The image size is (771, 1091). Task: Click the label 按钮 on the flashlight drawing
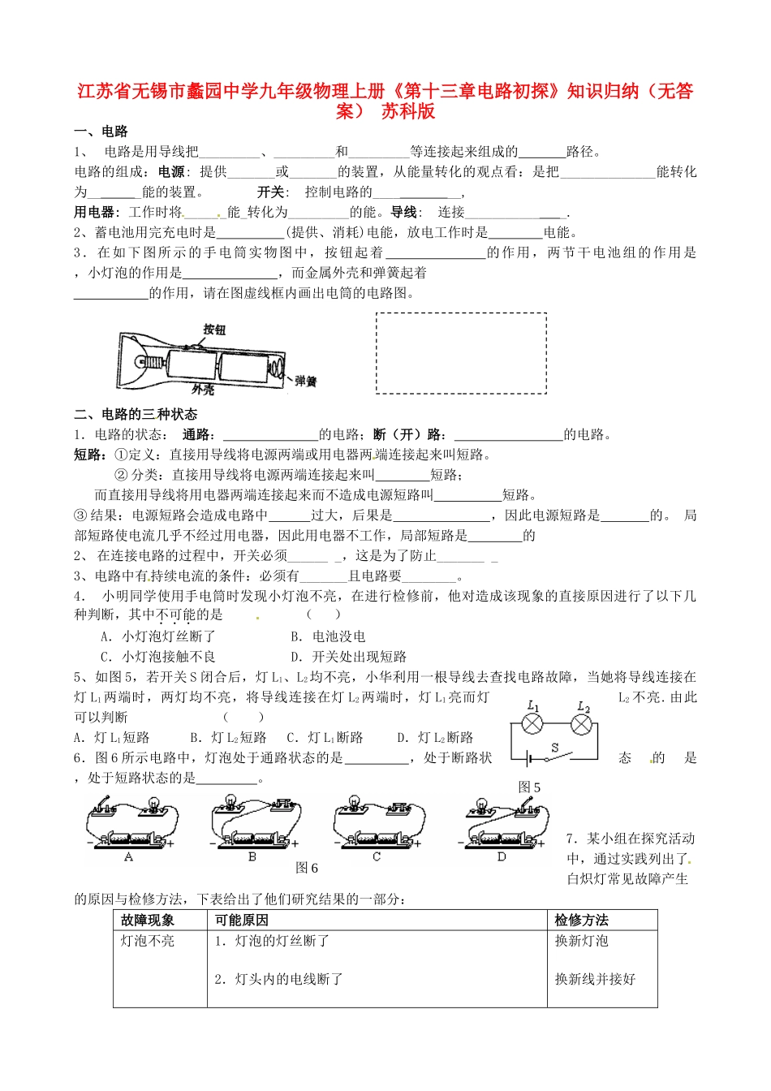(214, 329)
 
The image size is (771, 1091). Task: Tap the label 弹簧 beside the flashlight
(306, 381)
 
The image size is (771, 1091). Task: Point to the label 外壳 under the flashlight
(203, 390)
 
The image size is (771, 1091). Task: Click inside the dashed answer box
(460, 353)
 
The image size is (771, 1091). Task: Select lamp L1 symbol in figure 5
(532, 725)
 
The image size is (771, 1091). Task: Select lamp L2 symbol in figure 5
(581, 725)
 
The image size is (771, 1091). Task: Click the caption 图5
(529, 787)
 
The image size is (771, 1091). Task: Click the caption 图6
(307, 868)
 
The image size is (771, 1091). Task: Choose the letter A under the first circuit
(129, 857)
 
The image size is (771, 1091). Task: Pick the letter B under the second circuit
(252, 857)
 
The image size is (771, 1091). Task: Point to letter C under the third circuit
(377, 857)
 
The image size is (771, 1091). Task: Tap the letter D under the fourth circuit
(502, 857)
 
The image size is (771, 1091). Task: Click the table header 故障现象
(148, 920)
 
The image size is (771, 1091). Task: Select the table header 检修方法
(581, 920)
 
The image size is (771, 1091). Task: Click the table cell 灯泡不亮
(148, 941)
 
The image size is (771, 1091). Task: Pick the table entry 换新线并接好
(595, 979)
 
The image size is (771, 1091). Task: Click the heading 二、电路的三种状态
(136, 414)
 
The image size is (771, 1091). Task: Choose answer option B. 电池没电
(328, 636)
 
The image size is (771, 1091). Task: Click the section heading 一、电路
(101, 132)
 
